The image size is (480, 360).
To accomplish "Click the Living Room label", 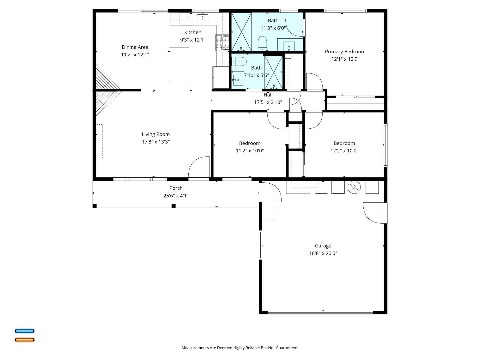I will (x=156, y=134).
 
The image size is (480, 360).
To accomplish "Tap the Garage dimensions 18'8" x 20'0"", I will (x=323, y=253).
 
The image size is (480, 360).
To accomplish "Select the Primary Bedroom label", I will (x=345, y=52).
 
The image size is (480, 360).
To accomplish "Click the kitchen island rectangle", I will (x=179, y=64).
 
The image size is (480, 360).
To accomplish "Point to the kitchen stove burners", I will (x=222, y=43).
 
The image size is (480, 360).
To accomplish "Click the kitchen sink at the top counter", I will (x=202, y=19).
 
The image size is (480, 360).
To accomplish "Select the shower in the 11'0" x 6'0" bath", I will (x=241, y=32).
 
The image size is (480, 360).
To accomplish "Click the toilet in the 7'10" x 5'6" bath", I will (x=239, y=61).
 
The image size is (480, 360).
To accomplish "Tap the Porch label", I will (x=176, y=188).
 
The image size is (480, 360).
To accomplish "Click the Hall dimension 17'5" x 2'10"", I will (x=268, y=102).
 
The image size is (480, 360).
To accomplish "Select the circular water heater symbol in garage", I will (x=354, y=187).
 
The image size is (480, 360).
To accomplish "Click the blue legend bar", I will (x=24, y=331).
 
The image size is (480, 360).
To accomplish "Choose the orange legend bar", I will (x=24, y=340).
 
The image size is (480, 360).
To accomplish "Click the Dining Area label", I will (x=135, y=47).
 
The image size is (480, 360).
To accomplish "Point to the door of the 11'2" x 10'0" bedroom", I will (x=276, y=120).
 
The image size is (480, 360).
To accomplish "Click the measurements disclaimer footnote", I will (x=240, y=348).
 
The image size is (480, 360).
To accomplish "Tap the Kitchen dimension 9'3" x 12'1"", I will (x=193, y=40).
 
